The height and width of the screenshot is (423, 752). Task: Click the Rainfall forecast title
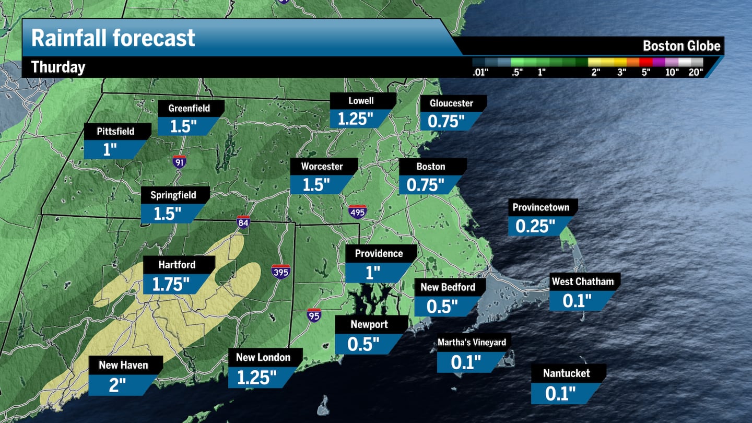tap(113, 38)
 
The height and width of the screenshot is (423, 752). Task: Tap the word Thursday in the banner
tap(58, 67)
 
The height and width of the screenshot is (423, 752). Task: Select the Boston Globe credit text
tap(681, 46)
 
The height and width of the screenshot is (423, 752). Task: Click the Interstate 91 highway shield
tap(179, 161)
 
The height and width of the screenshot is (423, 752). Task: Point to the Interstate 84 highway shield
tap(242, 221)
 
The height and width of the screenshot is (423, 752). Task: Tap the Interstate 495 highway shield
tap(358, 211)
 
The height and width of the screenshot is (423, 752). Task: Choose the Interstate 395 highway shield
tap(281, 272)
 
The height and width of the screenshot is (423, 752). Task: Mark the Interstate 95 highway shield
tap(314, 315)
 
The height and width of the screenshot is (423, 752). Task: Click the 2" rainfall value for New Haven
tap(118, 384)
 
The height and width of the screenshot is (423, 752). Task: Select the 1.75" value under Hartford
tap(170, 284)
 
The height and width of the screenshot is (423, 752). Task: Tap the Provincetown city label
tap(540, 207)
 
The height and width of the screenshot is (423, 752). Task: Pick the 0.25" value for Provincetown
tap(535, 226)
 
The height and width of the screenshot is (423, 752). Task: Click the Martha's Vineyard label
tap(472, 343)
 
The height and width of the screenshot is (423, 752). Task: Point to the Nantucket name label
tap(566, 373)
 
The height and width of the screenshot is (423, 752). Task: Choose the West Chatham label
tap(583, 282)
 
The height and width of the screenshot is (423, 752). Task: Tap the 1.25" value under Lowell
tap(356, 119)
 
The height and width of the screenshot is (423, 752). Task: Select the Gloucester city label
tap(451, 103)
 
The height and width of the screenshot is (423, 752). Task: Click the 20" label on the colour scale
tap(696, 73)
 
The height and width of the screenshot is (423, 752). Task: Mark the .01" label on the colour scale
tap(479, 73)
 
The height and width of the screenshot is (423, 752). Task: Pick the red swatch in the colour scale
tap(645, 62)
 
